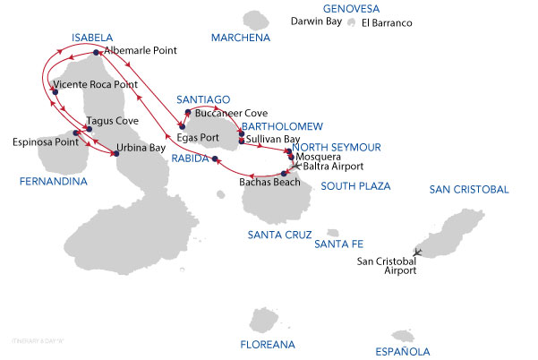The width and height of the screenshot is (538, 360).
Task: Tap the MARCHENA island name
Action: click(240, 38)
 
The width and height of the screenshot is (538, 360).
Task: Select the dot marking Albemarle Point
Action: click(96, 53)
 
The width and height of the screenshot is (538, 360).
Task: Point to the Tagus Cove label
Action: click(112, 120)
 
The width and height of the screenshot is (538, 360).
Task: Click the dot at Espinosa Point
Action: click(75, 133)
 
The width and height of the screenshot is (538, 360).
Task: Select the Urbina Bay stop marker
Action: click(115, 154)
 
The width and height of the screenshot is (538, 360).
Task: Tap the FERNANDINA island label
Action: click(52, 181)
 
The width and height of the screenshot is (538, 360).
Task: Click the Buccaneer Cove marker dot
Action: click(187, 113)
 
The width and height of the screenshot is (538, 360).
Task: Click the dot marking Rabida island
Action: click(215, 159)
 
